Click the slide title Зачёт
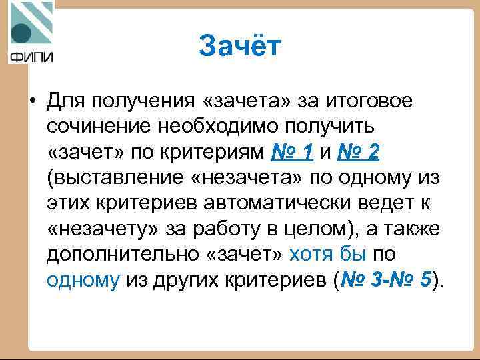[241, 47]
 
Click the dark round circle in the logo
[21, 34]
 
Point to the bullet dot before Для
[31, 101]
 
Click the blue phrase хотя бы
[329, 254]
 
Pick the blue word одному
[83, 280]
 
